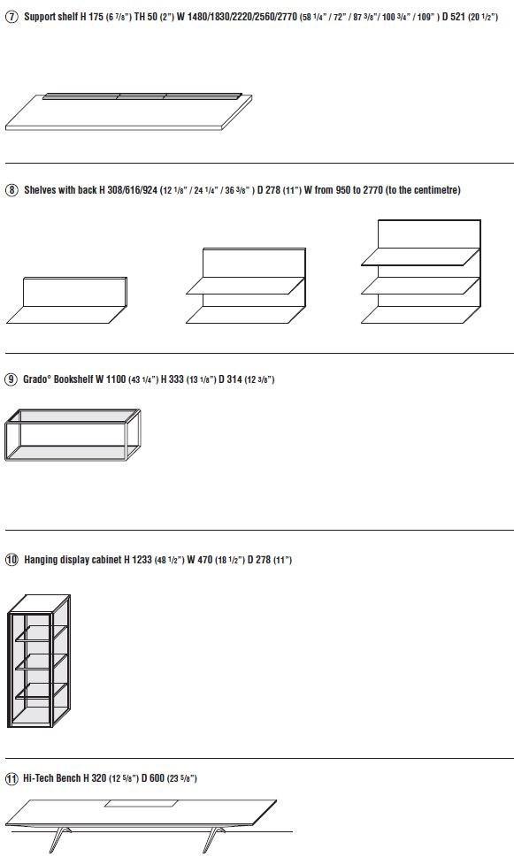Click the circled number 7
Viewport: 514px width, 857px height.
tap(12, 17)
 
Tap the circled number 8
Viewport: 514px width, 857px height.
tap(12, 190)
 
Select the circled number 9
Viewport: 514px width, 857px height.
tap(11, 379)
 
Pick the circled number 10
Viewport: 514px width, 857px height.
tap(12, 560)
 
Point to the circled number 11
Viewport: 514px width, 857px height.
tap(12, 778)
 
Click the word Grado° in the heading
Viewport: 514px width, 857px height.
tap(36, 379)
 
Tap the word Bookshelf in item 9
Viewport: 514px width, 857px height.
tap(73, 379)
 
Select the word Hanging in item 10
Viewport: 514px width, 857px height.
tap(41, 560)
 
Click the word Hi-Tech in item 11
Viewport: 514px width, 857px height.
tap(39, 778)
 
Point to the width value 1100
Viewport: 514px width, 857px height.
tap(116, 379)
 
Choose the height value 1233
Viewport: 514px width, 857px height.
tap(142, 560)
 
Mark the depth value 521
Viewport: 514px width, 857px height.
tap(457, 17)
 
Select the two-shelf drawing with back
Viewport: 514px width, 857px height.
tap(246, 286)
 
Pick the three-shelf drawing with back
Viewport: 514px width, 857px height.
tap(421, 272)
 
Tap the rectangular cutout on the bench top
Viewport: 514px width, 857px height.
tap(141, 803)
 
